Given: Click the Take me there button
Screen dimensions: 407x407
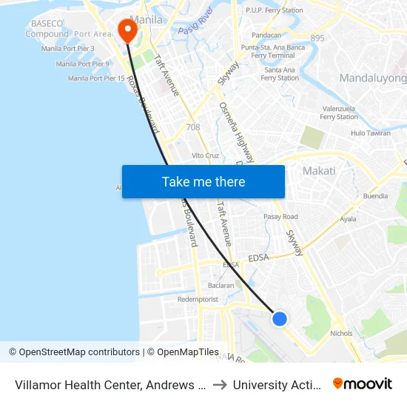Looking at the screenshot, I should coord(203,181).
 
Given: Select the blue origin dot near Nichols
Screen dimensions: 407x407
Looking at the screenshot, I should coord(279,318).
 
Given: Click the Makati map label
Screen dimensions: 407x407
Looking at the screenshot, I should coord(319,171).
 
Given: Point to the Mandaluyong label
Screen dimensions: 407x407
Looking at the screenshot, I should coord(373,78).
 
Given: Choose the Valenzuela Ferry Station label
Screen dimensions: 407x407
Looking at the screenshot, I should coord(338,112).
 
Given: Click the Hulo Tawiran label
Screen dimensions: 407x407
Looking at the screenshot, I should coord(370,133).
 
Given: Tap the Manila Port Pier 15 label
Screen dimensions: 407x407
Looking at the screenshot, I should coord(96,78).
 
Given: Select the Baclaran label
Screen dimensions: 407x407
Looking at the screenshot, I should coord(221,285).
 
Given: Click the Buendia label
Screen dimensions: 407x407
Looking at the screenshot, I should coord(375,197).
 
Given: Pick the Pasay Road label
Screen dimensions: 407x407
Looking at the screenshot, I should coord(281,216).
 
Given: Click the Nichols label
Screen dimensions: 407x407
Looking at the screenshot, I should coord(342,334).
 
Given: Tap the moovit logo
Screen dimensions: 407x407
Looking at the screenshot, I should coord(363,383).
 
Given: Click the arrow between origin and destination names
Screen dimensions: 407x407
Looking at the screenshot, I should coord(220,384).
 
